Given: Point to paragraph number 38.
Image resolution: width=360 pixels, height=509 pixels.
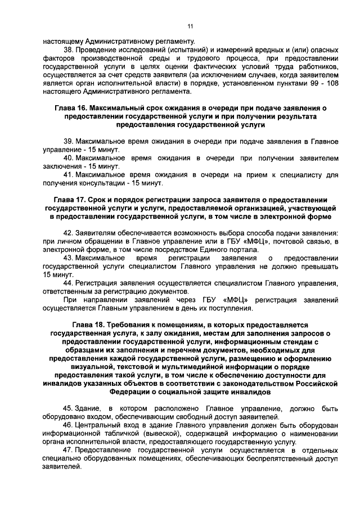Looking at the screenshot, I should click(x=69, y=49).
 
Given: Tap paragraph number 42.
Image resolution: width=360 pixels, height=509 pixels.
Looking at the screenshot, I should click(x=69, y=233).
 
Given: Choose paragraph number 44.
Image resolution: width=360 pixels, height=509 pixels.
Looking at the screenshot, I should click(x=69, y=283).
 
